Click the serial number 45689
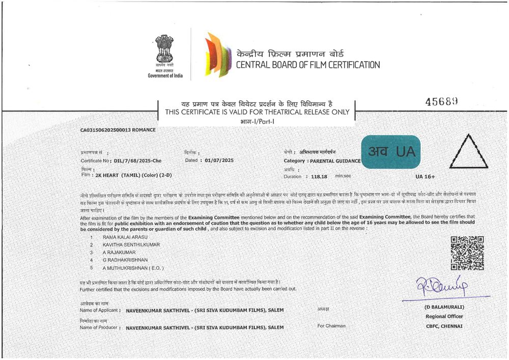click(442, 101)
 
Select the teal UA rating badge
click(390, 152)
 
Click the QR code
click(467, 253)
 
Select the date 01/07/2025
click(219, 160)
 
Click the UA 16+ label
click(425, 176)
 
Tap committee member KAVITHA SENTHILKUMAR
click(131, 245)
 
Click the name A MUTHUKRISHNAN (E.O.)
click(133, 268)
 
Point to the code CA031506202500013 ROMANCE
click(118, 130)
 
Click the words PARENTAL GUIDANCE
click(336, 161)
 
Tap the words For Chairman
click(331, 326)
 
